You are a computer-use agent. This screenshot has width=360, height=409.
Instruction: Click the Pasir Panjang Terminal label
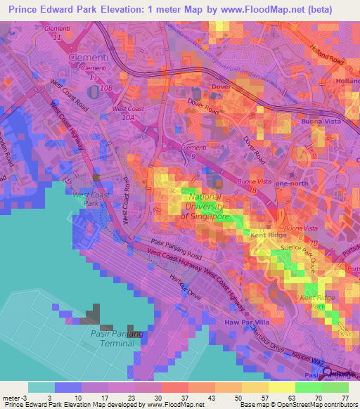pos(108,337)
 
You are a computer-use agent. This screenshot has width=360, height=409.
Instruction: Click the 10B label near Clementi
pos(106,89)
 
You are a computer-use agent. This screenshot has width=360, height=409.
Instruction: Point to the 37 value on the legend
pos(186,397)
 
